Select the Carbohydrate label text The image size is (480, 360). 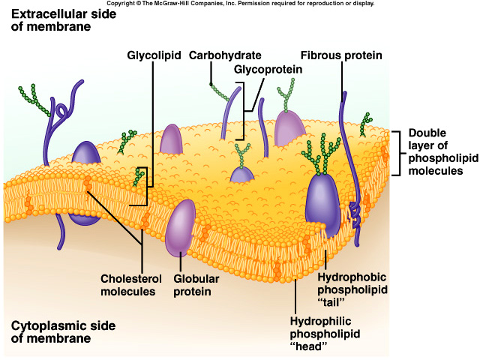tap(225, 55)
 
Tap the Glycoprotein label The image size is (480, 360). tap(268, 69)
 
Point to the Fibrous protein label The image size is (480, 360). tap(341, 55)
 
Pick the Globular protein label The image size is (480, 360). tap(197, 285)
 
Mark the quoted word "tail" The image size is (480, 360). tap(330, 302)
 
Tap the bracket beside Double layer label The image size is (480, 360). tap(396, 151)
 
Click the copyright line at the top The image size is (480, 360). tap(240, 4)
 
